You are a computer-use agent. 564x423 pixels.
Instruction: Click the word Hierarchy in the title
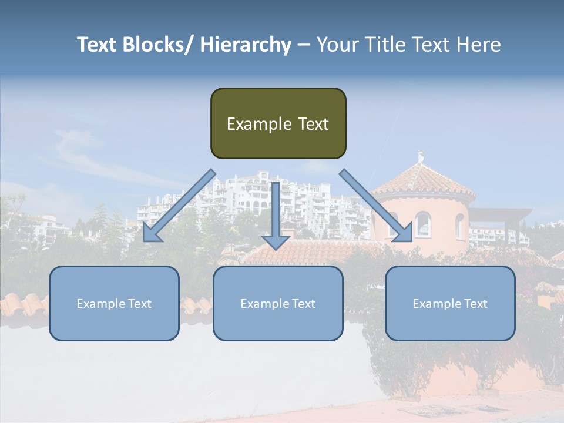(x=246, y=45)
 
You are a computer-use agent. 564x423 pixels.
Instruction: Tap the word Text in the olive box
(x=313, y=124)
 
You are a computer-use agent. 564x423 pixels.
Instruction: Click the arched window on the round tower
(x=422, y=224)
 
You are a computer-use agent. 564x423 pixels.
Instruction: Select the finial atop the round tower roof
(x=419, y=157)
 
